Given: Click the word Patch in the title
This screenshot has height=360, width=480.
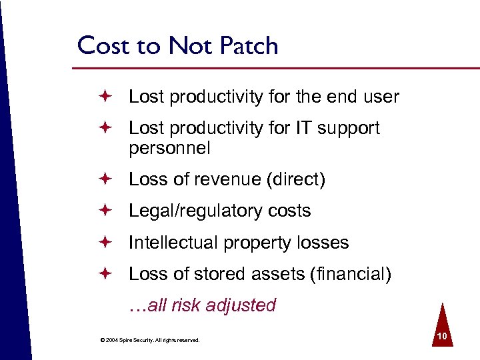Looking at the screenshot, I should click(x=245, y=46).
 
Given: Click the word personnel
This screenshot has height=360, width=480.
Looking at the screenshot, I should click(x=169, y=148).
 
